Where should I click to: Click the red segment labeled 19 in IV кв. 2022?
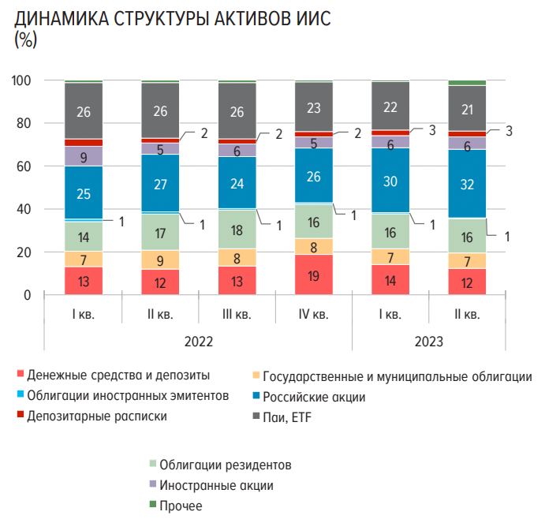coord(314,275)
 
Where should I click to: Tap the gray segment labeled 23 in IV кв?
coord(314,106)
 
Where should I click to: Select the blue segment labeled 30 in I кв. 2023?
coord(390,181)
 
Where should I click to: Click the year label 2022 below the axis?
coord(198,342)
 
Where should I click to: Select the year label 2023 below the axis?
coord(428,342)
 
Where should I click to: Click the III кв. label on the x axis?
coord(237,315)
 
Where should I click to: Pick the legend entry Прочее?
coord(181,506)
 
